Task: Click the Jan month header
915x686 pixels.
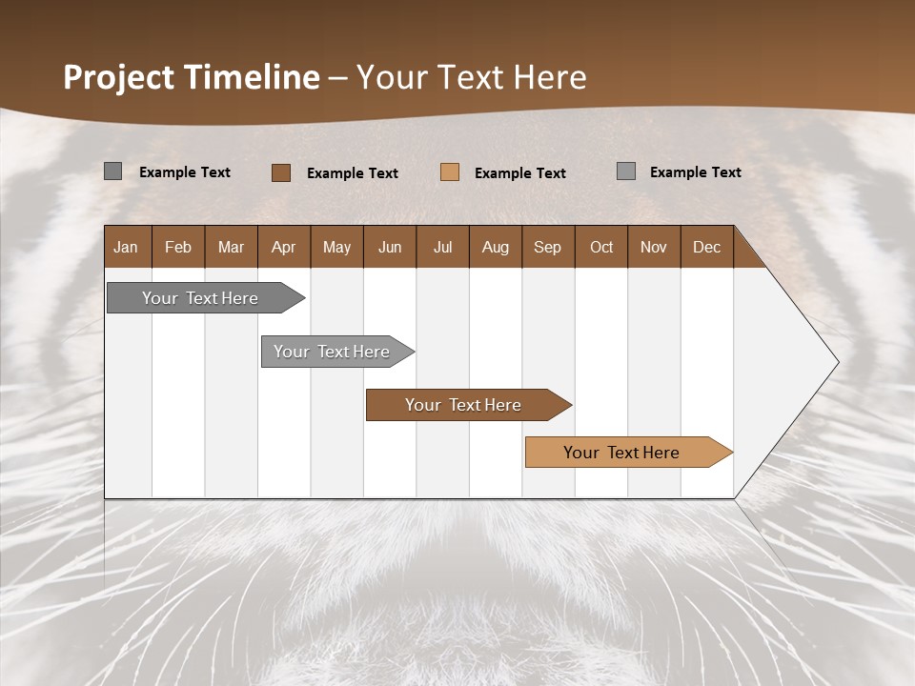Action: click(x=127, y=247)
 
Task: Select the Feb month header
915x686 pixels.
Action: click(x=178, y=247)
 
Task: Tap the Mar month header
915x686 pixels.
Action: click(x=231, y=247)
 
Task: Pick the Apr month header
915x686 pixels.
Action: click(x=284, y=247)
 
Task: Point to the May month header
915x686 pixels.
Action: click(x=336, y=247)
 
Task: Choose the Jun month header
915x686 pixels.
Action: click(x=390, y=247)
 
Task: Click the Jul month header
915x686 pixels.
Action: click(x=442, y=247)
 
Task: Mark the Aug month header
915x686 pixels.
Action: click(x=496, y=247)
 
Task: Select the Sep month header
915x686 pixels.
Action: click(x=548, y=247)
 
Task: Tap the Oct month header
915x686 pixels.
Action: click(x=601, y=247)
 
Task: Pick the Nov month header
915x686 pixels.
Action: click(x=654, y=247)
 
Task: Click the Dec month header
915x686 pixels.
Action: click(x=707, y=247)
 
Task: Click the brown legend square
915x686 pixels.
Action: click(x=281, y=172)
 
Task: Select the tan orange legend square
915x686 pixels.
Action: click(x=450, y=172)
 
